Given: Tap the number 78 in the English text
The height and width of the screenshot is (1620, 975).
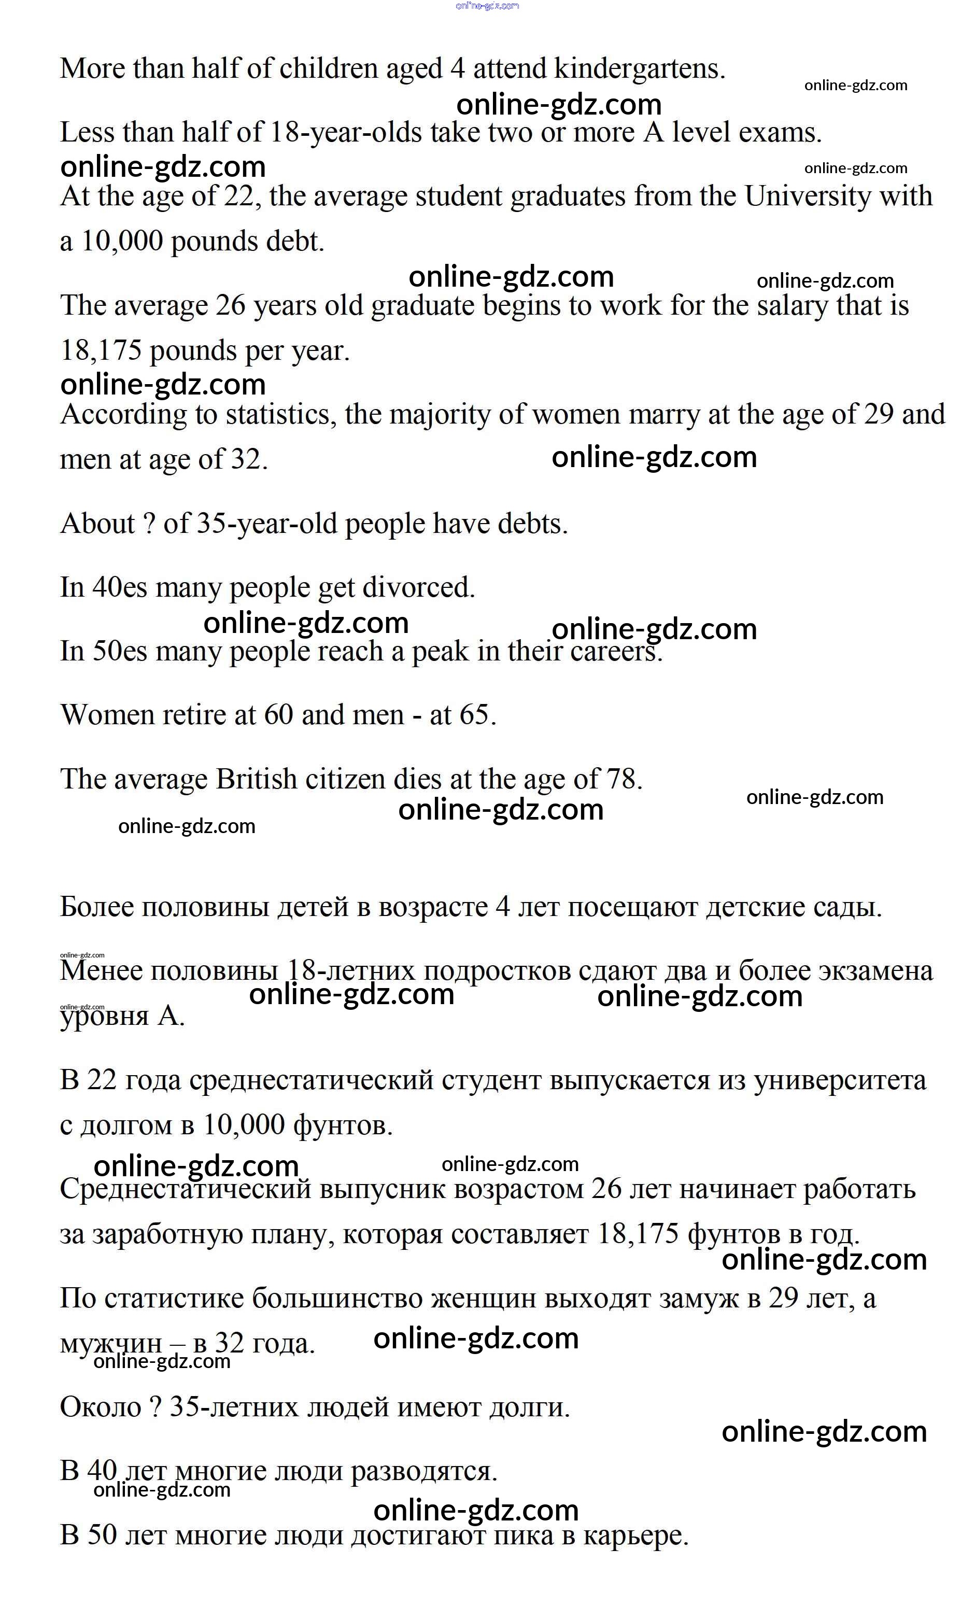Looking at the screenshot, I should [x=621, y=779].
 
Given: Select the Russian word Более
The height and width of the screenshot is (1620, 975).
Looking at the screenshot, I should [x=96, y=907].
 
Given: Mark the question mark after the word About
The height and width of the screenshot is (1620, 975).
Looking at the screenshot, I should [x=149, y=524].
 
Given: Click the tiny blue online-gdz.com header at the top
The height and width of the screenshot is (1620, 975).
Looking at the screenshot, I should [x=487, y=6].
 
